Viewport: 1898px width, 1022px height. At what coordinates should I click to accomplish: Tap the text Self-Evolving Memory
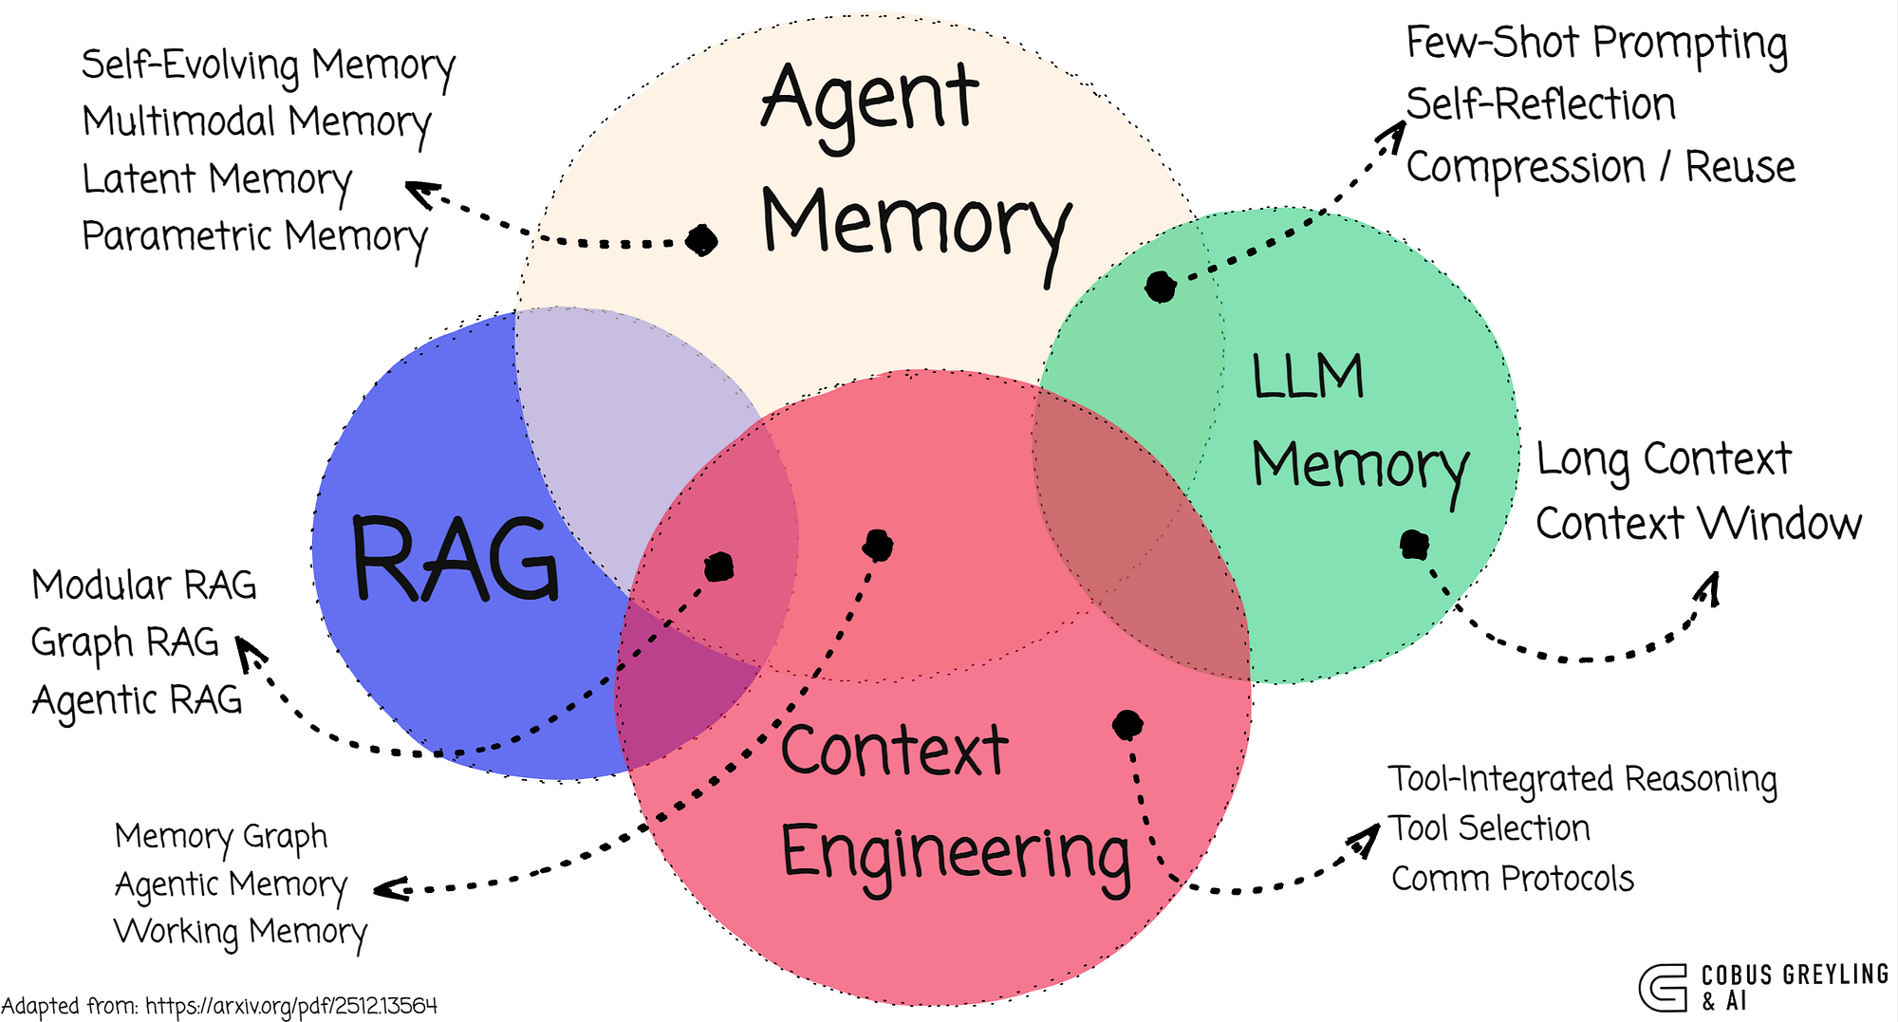[x=268, y=65]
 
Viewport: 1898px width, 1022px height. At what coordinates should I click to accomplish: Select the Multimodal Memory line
[x=256, y=122]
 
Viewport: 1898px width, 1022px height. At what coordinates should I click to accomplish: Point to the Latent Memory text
[x=216, y=179]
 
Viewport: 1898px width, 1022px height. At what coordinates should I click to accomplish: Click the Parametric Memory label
[x=254, y=236]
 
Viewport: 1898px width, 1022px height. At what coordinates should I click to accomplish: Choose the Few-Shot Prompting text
[x=1596, y=44]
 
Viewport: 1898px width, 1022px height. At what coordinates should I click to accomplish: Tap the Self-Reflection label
[x=1540, y=104]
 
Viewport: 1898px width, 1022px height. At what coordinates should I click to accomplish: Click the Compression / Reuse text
[x=1600, y=167]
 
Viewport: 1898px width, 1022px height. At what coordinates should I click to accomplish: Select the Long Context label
[x=1664, y=459]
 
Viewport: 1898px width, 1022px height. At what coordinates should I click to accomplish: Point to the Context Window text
[x=1699, y=523]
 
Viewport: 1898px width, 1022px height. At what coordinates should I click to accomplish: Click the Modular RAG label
[x=144, y=585]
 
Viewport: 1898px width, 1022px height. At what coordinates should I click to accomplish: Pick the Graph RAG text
[x=125, y=642]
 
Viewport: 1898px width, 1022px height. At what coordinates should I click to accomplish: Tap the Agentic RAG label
[x=138, y=700]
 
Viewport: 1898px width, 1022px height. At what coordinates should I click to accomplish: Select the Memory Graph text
[x=221, y=836]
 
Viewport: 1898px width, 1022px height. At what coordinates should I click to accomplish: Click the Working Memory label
[x=240, y=931]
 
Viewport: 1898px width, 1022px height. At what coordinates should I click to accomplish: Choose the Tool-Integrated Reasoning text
[x=1582, y=779]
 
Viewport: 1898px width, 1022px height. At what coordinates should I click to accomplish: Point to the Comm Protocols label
[x=1513, y=879]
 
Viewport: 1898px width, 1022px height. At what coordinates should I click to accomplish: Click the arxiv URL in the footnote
[x=291, y=1006]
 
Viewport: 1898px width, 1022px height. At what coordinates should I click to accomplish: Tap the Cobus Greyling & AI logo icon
[x=1663, y=988]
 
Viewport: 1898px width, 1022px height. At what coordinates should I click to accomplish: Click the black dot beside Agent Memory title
[x=701, y=240]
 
